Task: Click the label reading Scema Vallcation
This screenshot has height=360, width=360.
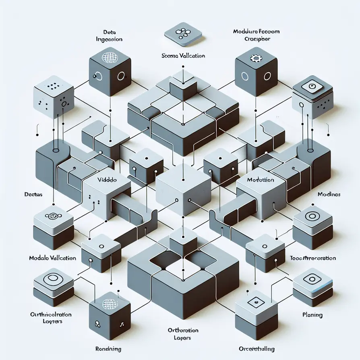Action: pos(183,56)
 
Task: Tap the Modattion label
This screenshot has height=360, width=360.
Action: pos(261,180)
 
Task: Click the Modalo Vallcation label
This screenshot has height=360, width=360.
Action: pos(53,258)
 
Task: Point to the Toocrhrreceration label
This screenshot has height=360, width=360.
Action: pos(313,258)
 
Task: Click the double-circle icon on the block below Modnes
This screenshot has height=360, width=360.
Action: pos(312,216)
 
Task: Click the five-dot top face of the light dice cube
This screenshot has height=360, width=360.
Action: pos(53,86)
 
